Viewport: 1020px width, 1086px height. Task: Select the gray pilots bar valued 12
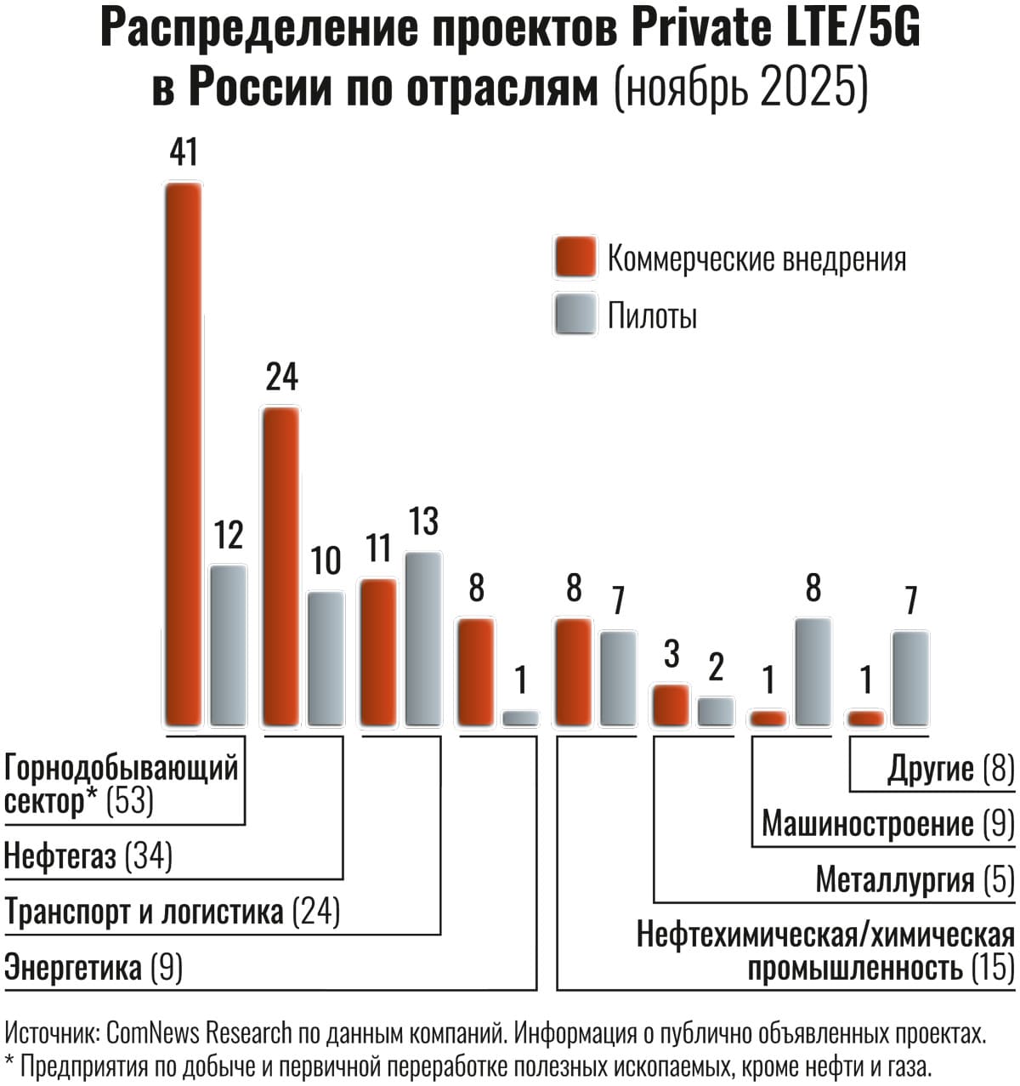229,645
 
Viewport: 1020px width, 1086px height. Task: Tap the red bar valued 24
280,566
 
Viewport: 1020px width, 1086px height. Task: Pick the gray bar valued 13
422,639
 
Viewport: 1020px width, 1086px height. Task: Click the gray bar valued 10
326,658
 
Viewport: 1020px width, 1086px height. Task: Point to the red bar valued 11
378,652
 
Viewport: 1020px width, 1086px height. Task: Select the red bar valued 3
670,705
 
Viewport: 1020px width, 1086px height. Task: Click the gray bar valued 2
716,712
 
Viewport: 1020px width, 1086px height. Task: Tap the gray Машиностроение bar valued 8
813,672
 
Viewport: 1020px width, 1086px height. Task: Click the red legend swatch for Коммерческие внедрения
575,258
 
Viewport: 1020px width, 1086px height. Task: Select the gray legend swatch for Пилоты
575,315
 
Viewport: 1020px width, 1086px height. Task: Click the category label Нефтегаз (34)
88,856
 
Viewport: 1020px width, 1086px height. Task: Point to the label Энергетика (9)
93,968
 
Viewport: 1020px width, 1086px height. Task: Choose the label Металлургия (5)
915,880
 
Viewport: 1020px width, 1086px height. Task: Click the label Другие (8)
950,769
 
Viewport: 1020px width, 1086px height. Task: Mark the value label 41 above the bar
184,153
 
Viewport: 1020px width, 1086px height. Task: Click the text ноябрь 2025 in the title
740,88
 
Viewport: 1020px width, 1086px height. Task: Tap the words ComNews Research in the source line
200,1033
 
